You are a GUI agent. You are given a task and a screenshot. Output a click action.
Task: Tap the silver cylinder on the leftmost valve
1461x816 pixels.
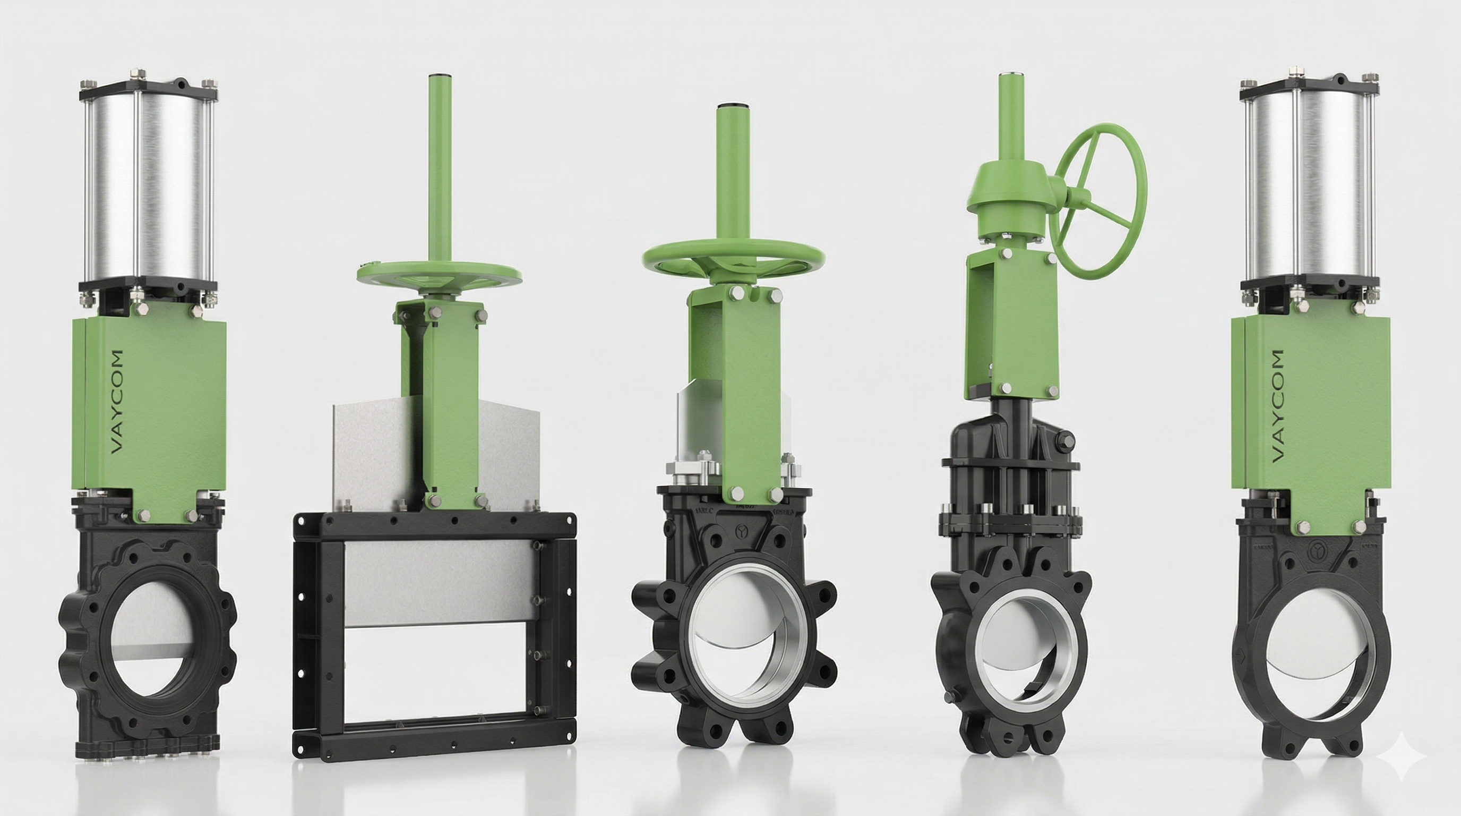149,193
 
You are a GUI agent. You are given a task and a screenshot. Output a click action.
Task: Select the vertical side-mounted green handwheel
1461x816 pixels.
1098,201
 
